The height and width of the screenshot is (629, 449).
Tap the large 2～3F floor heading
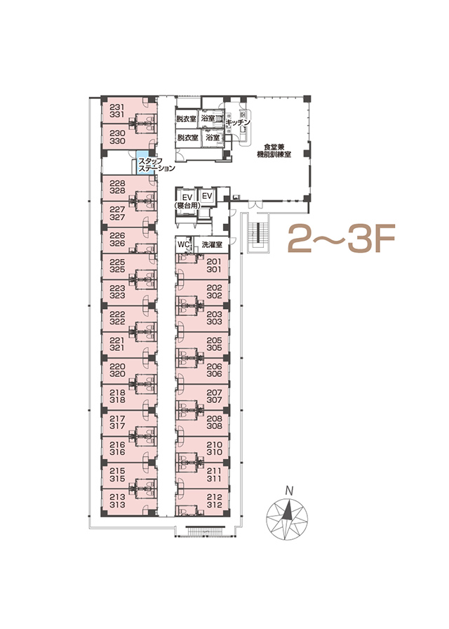coord(342,239)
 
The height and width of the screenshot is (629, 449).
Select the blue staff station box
coord(142,162)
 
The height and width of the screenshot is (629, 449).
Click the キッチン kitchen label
coord(238,122)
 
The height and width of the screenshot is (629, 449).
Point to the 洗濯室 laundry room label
coord(212,244)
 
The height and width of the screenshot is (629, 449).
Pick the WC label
coord(184,244)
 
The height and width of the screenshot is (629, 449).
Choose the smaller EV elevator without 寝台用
coord(207,196)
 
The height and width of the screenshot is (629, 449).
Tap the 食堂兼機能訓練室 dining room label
coord(274,150)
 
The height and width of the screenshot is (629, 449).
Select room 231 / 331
coord(117,111)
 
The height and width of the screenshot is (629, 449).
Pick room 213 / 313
coord(117,501)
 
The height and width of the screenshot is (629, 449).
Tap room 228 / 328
coord(117,187)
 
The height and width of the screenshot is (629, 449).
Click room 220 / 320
coord(117,370)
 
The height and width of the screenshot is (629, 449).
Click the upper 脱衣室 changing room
coord(187,119)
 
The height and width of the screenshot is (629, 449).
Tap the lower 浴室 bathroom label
coord(213,138)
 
